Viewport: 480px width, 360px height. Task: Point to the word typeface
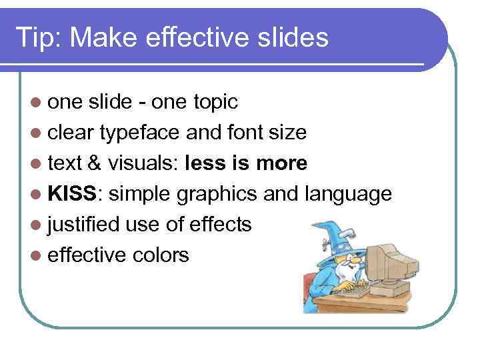coord(139,133)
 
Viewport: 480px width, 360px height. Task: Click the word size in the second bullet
coord(287,133)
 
